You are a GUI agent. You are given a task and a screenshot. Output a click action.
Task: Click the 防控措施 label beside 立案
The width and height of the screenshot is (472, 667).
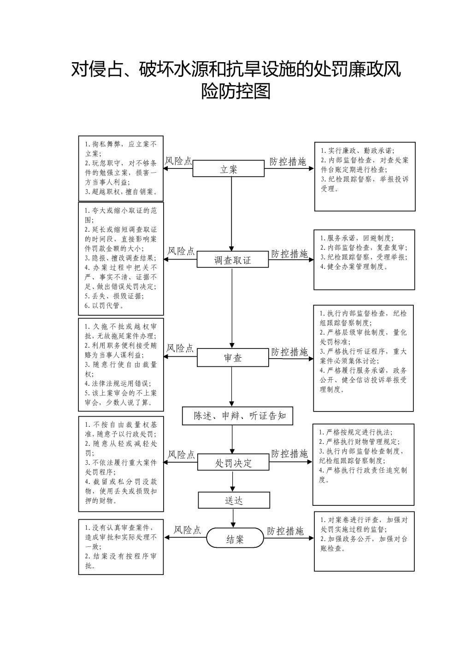tap(288, 162)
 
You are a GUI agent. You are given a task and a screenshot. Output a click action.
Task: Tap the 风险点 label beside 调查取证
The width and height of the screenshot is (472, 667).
tap(181, 251)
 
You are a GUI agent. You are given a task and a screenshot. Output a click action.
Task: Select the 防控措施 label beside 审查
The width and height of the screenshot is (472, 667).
tap(289, 352)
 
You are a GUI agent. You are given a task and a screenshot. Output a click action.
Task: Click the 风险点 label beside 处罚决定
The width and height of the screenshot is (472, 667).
tap(181, 455)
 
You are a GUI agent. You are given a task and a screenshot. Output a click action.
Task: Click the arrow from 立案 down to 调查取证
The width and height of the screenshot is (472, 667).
tap(231, 214)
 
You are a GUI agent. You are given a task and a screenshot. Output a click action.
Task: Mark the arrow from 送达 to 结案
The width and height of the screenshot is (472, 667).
tap(233, 518)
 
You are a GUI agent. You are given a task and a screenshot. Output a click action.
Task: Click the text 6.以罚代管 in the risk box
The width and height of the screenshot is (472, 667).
tap(104, 306)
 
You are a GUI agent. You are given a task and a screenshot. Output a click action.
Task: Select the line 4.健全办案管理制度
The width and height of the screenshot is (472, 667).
tap(354, 267)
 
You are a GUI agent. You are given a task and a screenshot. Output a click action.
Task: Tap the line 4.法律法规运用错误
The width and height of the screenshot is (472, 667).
tap(118, 383)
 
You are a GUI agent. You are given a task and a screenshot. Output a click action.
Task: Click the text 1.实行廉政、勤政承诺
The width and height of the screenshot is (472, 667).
tap(358, 151)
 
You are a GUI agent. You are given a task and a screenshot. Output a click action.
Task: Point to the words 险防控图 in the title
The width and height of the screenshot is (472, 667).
tap(236, 91)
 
